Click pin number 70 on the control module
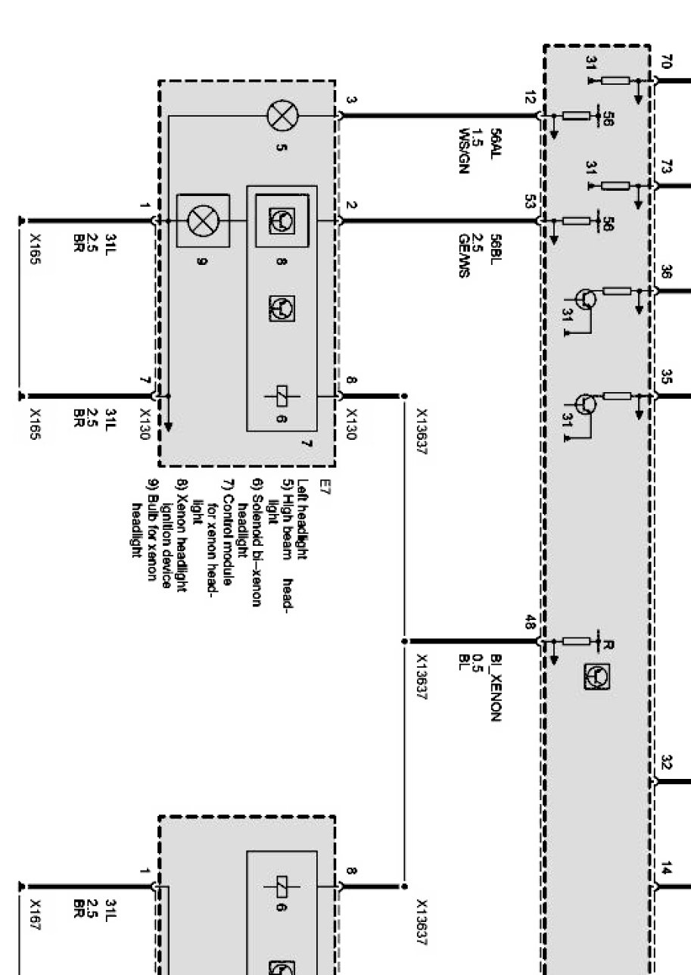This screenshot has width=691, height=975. pyautogui.click(x=666, y=62)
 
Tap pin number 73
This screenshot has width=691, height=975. pyautogui.click(x=666, y=170)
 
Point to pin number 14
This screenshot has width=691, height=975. pyautogui.click(x=665, y=870)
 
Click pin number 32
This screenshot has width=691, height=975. pyautogui.click(x=666, y=762)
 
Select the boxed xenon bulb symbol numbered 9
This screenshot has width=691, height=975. pyautogui.click(x=202, y=221)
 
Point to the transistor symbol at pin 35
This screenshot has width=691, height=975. pyautogui.click(x=586, y=403)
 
